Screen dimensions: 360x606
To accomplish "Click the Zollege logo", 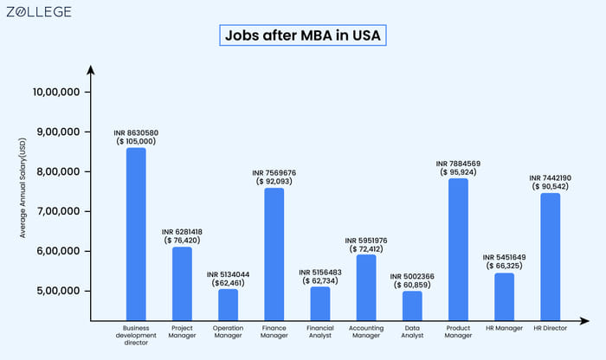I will [39, 12].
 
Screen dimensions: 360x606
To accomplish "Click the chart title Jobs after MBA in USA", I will [302, 36].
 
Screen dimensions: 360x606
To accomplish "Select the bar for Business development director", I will [136, 234].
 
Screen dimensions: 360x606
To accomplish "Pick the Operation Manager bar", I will [228, 304].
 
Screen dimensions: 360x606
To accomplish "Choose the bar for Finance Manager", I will [274, 254].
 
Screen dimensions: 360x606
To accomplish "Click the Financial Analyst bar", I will [319, 303].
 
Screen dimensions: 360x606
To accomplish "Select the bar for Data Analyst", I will [413, 305].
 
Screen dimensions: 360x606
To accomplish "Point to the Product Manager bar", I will [458, 248].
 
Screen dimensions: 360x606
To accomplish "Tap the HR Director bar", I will [550, 256].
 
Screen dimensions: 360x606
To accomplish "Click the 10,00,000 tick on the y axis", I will [56, 93].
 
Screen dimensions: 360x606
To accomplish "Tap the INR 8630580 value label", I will [136, 132].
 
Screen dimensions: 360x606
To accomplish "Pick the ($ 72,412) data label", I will [366, 249].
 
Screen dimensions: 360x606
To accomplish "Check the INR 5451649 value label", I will [504, 257].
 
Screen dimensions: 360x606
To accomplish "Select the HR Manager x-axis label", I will [504, 329].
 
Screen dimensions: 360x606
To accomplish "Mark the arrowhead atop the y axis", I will [89, 67].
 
